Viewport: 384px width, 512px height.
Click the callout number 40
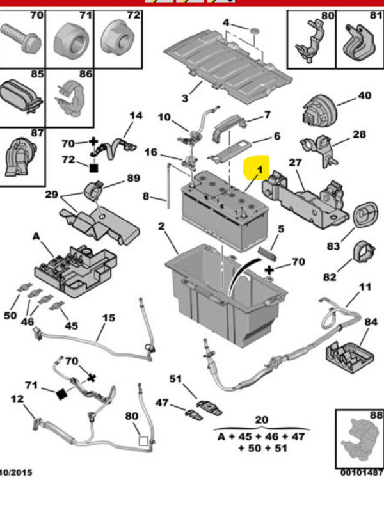[x=364, y=96]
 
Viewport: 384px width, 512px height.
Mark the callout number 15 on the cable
[x=109, y=318]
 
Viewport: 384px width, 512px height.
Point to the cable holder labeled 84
[x=349, y=355]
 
